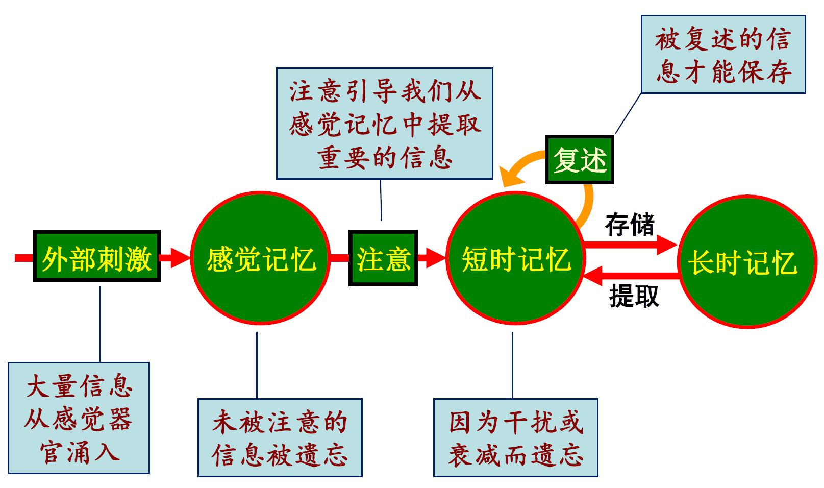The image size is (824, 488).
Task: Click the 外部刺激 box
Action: (x=97, y=256)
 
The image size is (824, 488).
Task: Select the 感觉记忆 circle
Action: (x=260, y=258)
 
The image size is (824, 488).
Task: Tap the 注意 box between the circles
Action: (x=383, y=258)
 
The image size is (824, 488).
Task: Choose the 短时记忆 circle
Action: (x=515, y=258)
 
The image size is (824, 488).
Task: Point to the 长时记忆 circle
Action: (x=746, y=261)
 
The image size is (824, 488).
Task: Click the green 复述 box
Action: (x=580, y=159)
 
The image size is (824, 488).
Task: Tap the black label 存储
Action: (x=630, y=225)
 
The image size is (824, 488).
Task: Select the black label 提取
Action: (x=634, y=296)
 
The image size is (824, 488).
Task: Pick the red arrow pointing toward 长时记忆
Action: (x=633, y=244)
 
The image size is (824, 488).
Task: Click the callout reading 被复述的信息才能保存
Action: (x=723, y=55)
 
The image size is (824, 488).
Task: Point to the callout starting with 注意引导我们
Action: (x=384, y=124)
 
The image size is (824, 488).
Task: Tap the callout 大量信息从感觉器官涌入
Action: (x=79, y=418)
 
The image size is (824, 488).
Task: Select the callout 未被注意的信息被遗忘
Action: (x=280, y=437)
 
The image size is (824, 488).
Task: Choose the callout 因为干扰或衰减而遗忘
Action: (x=515, y=437)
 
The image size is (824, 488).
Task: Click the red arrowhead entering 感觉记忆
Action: (x=180, y=258)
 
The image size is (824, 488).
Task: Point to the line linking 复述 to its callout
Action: (x=628, y=114)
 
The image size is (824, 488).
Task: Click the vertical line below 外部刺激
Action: (x=100, y=324)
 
